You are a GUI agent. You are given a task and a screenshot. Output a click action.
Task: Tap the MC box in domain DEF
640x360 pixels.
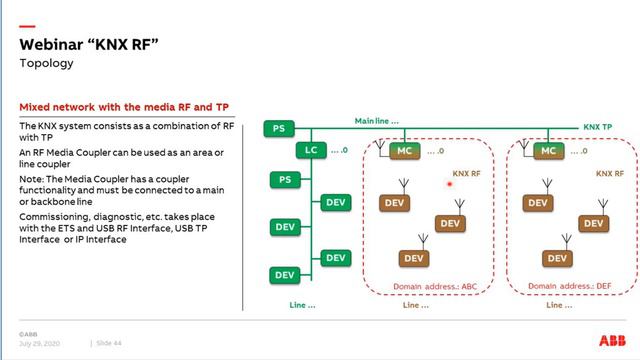pos(546,151)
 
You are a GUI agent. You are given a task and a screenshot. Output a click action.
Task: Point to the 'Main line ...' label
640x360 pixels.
pos(377,121)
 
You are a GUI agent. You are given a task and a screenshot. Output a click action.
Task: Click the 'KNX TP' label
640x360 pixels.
pos(598,128)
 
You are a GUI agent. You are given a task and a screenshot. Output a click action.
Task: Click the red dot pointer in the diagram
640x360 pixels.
pos(451,184)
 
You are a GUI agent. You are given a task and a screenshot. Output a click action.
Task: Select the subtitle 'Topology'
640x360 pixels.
pos(47,62)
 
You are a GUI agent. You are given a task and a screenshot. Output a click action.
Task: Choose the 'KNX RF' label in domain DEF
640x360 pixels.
pos(610,173)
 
